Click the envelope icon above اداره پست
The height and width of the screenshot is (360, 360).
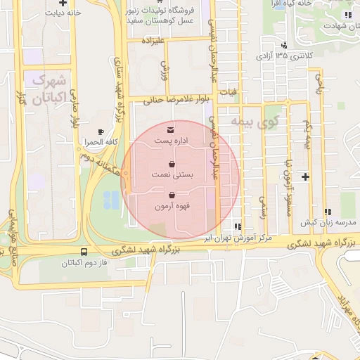coord(171,130)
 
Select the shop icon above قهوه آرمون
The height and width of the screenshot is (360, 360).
coord(172,195)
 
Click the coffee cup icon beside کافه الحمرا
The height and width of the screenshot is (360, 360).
coord(101,131)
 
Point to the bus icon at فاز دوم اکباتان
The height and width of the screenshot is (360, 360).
coord(85,252)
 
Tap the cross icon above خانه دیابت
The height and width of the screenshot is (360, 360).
coord(63,3)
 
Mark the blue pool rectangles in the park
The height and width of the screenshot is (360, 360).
coord(110,200)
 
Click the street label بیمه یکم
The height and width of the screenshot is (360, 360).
coord(307,134)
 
